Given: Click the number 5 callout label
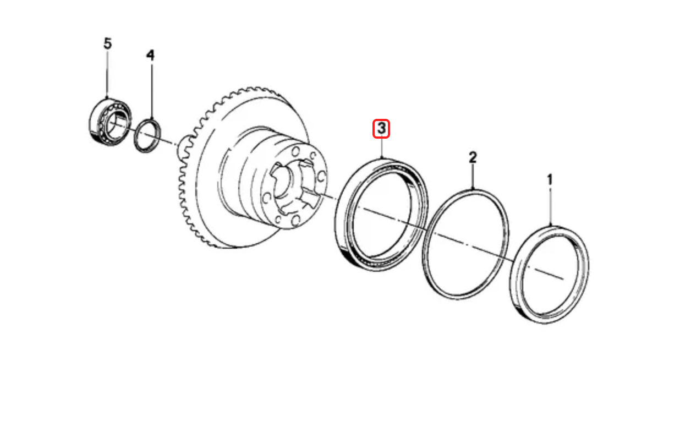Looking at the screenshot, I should (107, 43).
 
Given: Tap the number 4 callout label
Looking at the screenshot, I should (150, 55).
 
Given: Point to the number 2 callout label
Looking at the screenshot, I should (472, 158).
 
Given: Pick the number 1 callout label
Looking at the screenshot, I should (549, 180).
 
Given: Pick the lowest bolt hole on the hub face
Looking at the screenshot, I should (295, 221).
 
